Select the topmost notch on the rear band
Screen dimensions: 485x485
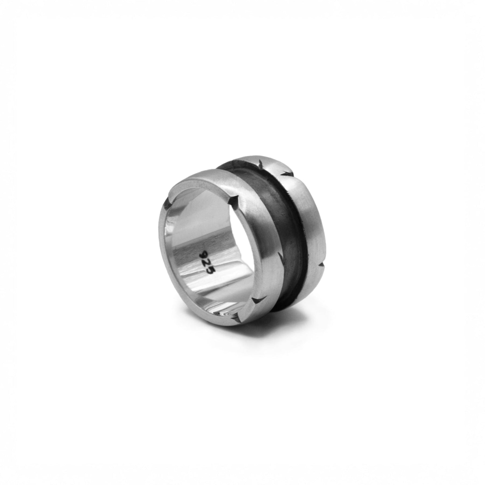[x=261, y=163]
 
